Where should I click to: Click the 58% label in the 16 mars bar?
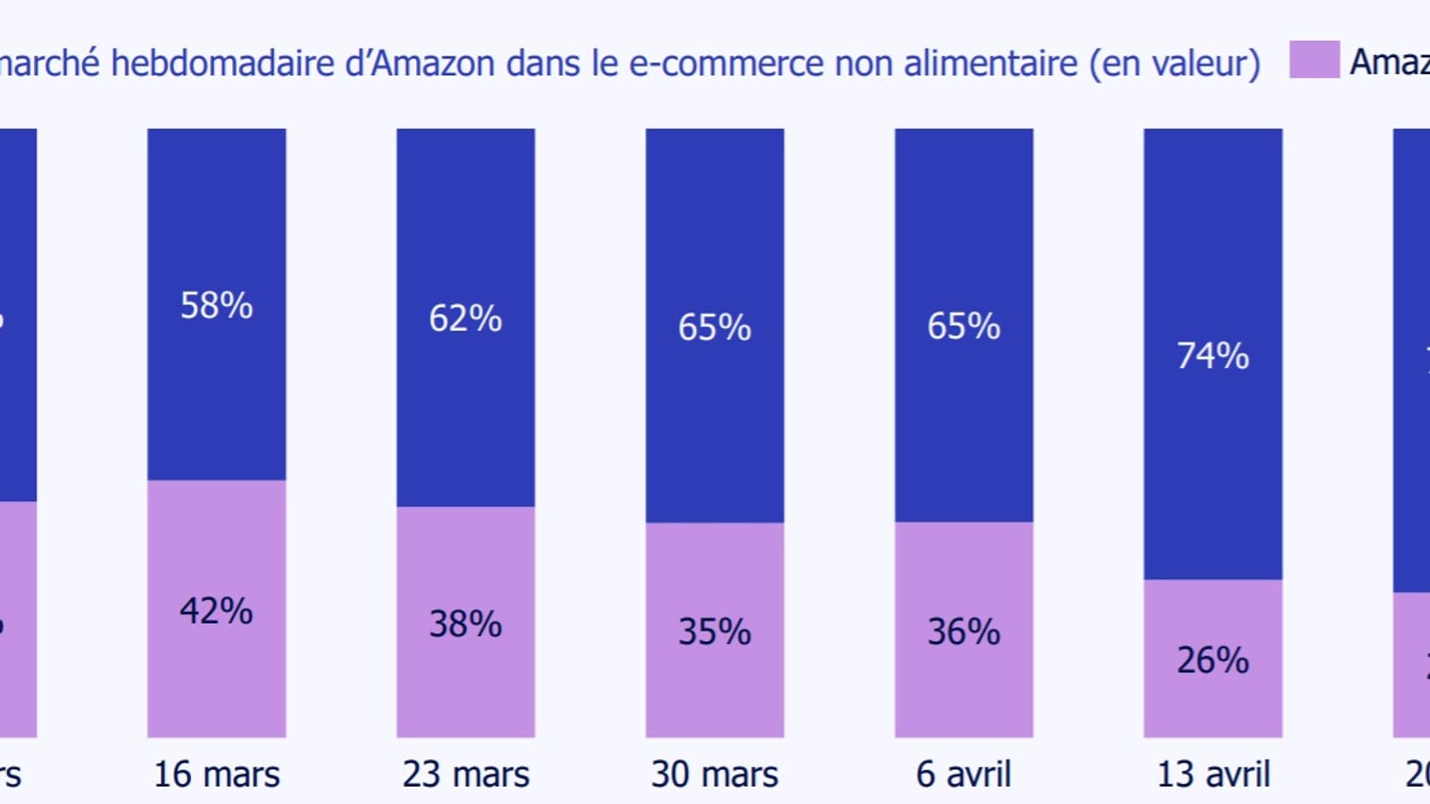[x=217, y=305]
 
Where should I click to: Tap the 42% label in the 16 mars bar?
[x=217, y=610]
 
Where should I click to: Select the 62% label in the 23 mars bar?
[x=466, y=318]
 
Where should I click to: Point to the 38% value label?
[x=466, y=623]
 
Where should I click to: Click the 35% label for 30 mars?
[x=715, y=632]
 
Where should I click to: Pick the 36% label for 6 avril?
[x=964, y=632]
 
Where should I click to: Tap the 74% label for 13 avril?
[x=1213, y=356]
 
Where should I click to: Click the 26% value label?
[x=1213, y=660]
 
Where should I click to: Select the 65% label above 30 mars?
[x=715, y=327]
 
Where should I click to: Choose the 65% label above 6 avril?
[x=964, y=326]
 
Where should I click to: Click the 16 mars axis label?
[x=217, y=774]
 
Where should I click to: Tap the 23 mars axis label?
[x=466, y=774]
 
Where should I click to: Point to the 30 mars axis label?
[x=715, y=774]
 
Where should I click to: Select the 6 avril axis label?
[x=964, y=774]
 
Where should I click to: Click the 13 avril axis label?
[x=1213, y=774]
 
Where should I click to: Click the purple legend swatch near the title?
[x=1314, y=60]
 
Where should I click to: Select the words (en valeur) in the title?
[x=1174, y=64]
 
